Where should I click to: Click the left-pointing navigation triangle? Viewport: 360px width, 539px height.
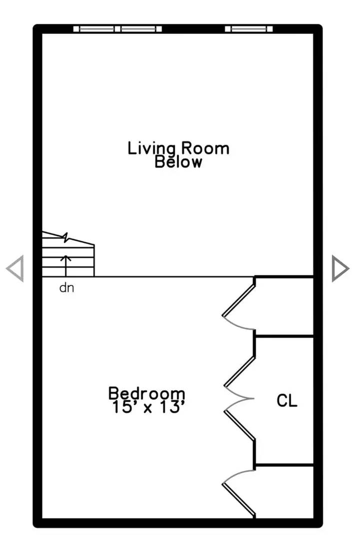(15, 268)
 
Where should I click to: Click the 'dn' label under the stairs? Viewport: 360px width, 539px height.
(67, 288)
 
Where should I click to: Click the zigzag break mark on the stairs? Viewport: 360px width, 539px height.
(66, 237)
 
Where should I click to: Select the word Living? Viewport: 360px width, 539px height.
(152, 149)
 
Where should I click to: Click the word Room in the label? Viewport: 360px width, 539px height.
(205, 149)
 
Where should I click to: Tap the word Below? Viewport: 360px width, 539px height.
(178, 162)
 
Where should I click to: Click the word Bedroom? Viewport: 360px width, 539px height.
(147, 393)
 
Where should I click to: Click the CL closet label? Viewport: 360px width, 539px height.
(287, 400)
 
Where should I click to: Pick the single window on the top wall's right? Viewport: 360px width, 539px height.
(249, 29)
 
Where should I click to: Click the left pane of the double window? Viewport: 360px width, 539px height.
(97, 29)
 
